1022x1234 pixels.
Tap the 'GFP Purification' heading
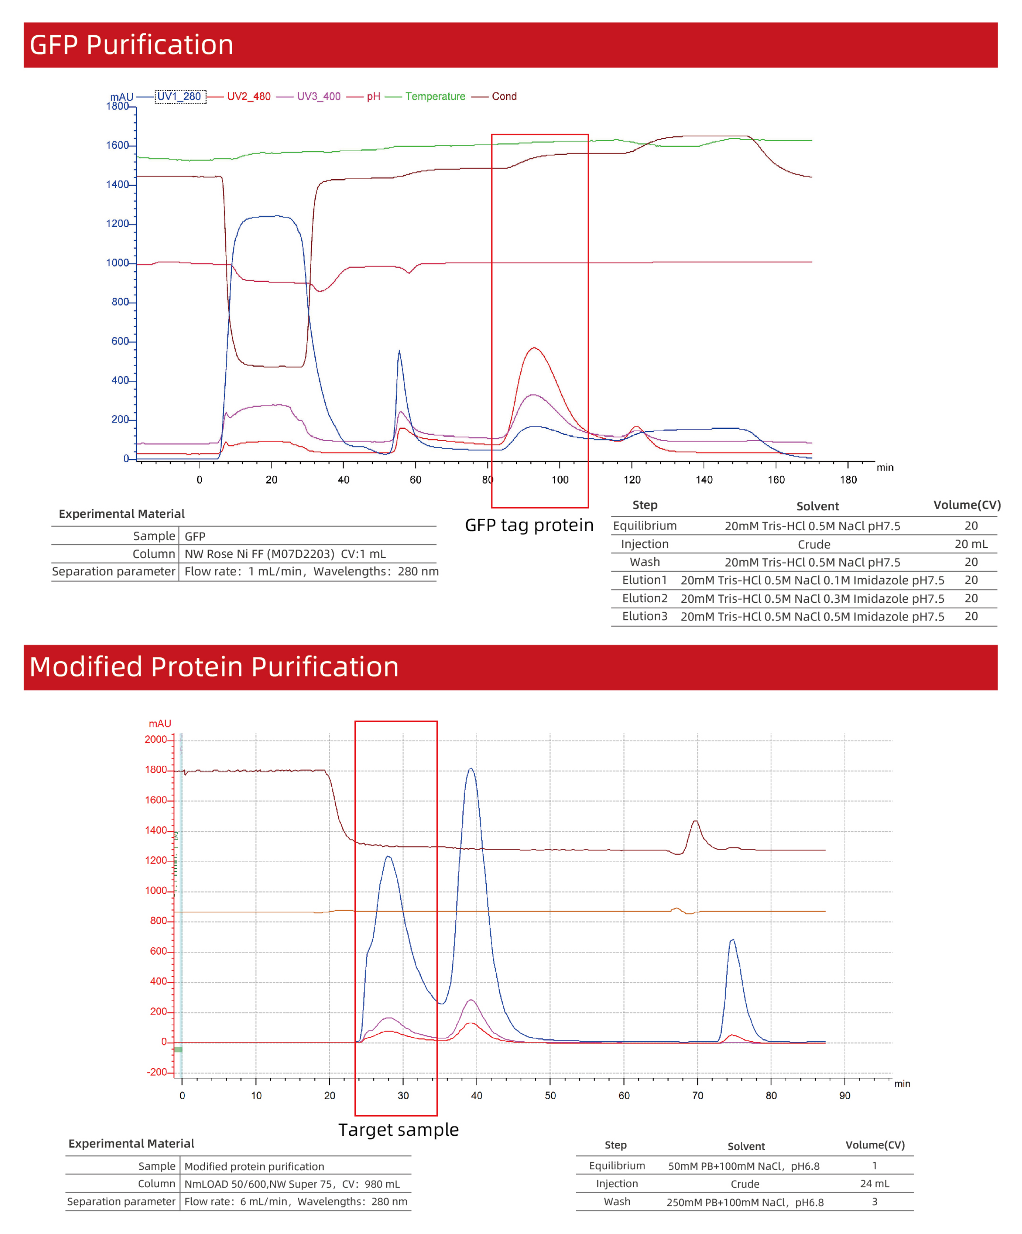pos(131,45)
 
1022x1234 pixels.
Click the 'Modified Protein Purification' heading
pos(214,667)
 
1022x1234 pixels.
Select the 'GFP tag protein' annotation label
pos(529,525)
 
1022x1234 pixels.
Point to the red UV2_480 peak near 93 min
pos(534,349)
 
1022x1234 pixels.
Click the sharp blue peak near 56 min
pos(400,351)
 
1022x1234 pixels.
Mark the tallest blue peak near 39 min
pos(471,768)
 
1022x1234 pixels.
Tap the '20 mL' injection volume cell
pos(971,544)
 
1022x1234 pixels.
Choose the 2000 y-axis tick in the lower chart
pos(156,740)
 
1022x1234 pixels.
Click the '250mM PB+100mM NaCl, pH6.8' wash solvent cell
pos(745,1202)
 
